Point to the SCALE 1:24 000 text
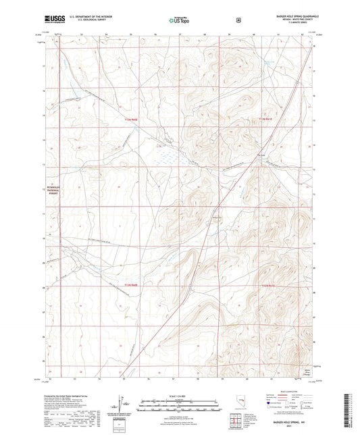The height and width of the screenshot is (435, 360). coord(179,395)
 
